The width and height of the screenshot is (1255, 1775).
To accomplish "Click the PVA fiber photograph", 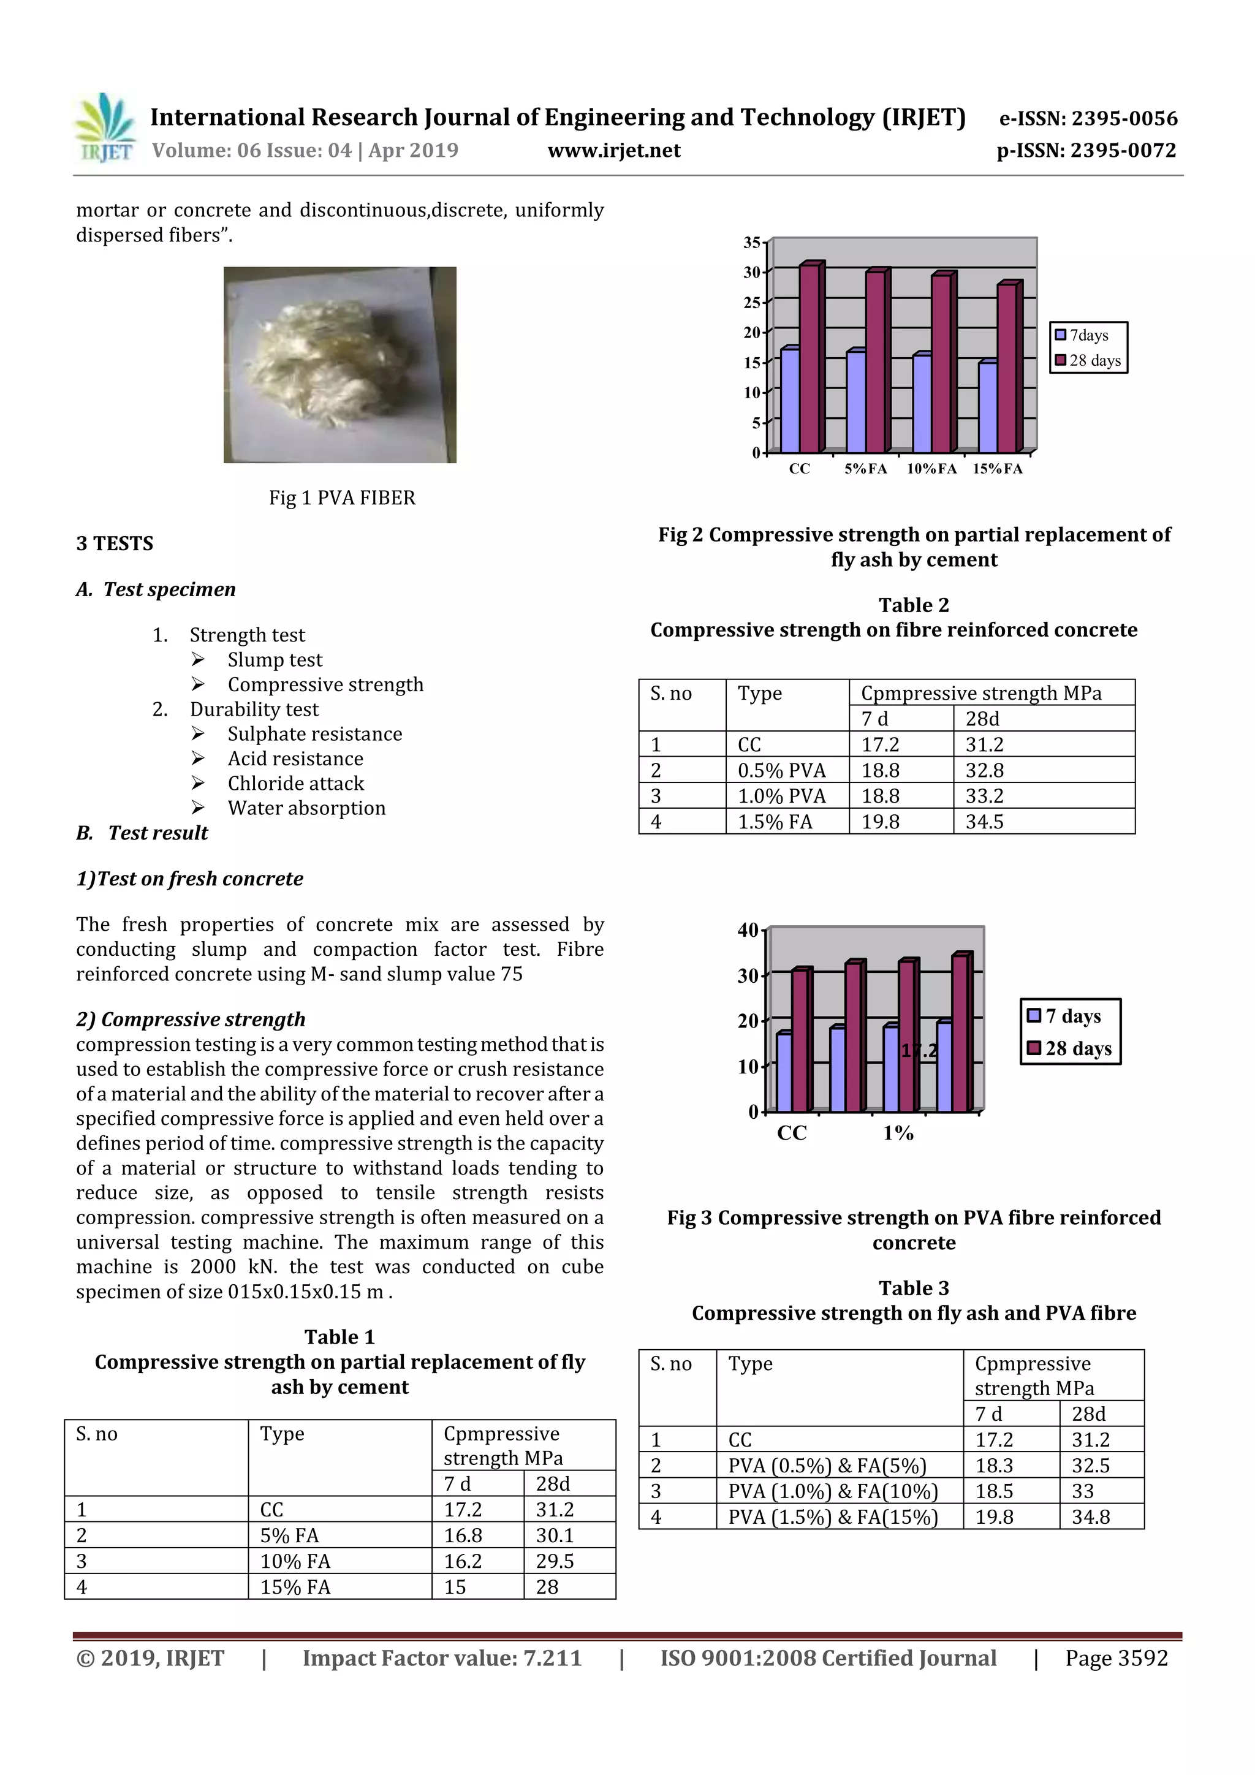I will (x=339, y=365).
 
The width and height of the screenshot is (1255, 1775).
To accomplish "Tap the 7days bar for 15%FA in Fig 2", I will (x=987, y=407).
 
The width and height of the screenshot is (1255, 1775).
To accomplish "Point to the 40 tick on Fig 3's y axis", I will (x=748, y=930).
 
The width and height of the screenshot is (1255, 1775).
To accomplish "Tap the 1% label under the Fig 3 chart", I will (x=898, y=1134).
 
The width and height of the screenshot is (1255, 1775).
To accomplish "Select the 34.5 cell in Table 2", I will (x=984, y=822).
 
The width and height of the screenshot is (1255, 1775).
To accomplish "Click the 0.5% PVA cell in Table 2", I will (x=782, y=771).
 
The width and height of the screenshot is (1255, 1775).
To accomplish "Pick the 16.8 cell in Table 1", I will (x=463, y=1535).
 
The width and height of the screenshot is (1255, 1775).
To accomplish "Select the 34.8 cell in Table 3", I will (x=1090, y=1517).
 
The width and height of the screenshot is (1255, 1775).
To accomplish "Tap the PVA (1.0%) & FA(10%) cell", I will (x=833, y=1491).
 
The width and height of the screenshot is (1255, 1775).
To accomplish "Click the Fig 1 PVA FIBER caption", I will (x=342, y=498).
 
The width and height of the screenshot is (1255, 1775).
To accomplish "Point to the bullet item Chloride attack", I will (x=295, y=783).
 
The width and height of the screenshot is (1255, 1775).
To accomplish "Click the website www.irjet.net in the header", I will (x=614, y=151).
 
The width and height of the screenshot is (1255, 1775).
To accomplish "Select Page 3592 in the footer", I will (x=1116, y=1658).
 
